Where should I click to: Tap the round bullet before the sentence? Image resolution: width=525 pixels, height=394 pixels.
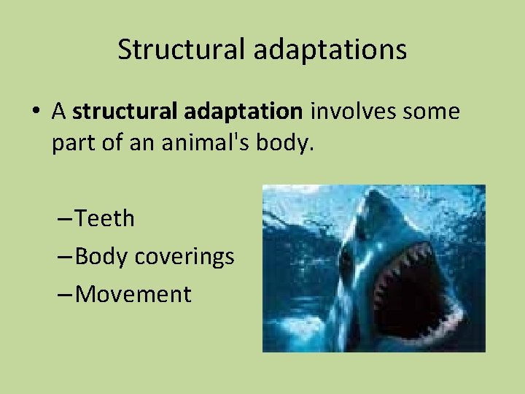point(36,112)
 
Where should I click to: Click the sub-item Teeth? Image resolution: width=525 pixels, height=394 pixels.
point(105,217)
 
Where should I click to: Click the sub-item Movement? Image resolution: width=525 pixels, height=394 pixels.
point(133,294)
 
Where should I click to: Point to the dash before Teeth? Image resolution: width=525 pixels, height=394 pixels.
point(64,217)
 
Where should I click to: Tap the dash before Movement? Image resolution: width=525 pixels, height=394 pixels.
point(64,294)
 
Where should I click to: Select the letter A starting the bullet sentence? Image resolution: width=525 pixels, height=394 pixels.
point(59,112)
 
